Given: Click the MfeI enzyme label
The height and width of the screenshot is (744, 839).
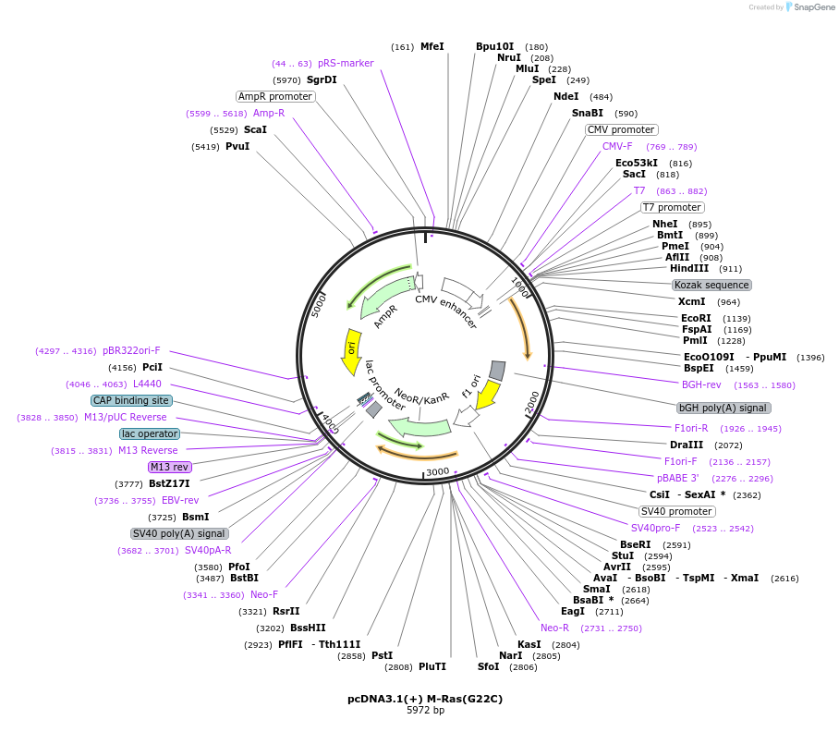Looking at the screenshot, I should coord(432,46).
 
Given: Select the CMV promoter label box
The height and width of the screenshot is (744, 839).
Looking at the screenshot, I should coord(621,129).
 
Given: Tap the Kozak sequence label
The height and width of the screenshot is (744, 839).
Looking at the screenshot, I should coord(711,285).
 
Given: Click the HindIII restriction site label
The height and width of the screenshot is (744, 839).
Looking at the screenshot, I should coord(688,269).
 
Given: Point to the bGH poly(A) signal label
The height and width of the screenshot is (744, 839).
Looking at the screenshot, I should coord(723,408).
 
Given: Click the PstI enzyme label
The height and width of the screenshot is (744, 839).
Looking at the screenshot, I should coord(382,655).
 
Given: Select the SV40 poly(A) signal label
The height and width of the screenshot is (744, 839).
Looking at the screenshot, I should coord(179,533).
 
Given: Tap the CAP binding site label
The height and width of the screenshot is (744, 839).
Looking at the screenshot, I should coord(131,401).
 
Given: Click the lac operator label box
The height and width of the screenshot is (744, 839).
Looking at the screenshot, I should coord(150,433).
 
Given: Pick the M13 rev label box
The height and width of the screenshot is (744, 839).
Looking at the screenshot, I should coord(170,467).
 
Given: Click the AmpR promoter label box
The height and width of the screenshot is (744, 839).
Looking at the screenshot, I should coord(275,96).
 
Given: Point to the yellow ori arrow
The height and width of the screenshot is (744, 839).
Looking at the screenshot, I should coord(351,351).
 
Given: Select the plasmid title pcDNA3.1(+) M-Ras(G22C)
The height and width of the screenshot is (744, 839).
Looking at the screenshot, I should coord(425,699).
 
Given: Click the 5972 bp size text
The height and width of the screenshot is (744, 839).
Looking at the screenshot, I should coord(425,711).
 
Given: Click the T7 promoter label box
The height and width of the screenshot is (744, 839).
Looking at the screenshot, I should coord(672,207).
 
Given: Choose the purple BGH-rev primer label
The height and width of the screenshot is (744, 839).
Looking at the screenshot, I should coord(700,384).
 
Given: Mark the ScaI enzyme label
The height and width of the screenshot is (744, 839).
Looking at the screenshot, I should coord(255,130).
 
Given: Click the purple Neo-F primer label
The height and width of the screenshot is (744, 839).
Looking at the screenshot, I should coord(264,595).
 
